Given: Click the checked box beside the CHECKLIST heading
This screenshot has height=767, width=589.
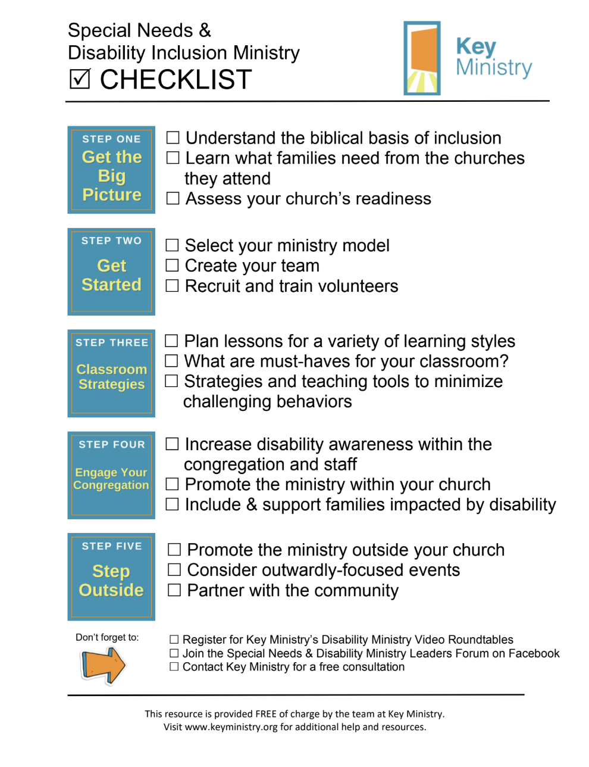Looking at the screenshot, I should (x=80, y=79).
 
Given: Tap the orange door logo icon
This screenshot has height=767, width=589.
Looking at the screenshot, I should (x=422, y=58).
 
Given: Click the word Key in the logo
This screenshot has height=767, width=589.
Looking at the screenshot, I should (x=476, y=46).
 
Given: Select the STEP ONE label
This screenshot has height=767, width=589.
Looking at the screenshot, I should (x=111, y=139).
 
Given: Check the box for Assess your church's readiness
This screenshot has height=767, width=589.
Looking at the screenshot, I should (x=173, y=198).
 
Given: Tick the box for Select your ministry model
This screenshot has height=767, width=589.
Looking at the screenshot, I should (x=172, y=245).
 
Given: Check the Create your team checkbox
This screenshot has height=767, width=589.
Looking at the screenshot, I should (x=172, y=266).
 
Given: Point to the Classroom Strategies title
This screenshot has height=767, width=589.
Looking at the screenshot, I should (x=112, y=377).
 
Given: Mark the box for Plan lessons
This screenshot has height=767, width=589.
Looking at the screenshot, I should (x=171, y=341).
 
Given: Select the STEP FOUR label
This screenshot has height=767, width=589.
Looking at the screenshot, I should (x=112, y=444).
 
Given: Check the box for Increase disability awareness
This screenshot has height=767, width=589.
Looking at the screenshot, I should (x=172, y=444).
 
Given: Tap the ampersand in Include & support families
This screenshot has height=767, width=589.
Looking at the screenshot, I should (x=252, y=505).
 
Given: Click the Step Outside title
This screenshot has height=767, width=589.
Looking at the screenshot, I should (x=111, y=581).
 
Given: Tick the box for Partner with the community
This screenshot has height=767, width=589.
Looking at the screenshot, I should (x=174, y=590).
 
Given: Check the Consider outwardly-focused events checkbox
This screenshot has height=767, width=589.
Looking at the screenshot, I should (x=174, y=570).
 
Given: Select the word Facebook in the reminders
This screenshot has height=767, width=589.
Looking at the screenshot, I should (x=534, y=653).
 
